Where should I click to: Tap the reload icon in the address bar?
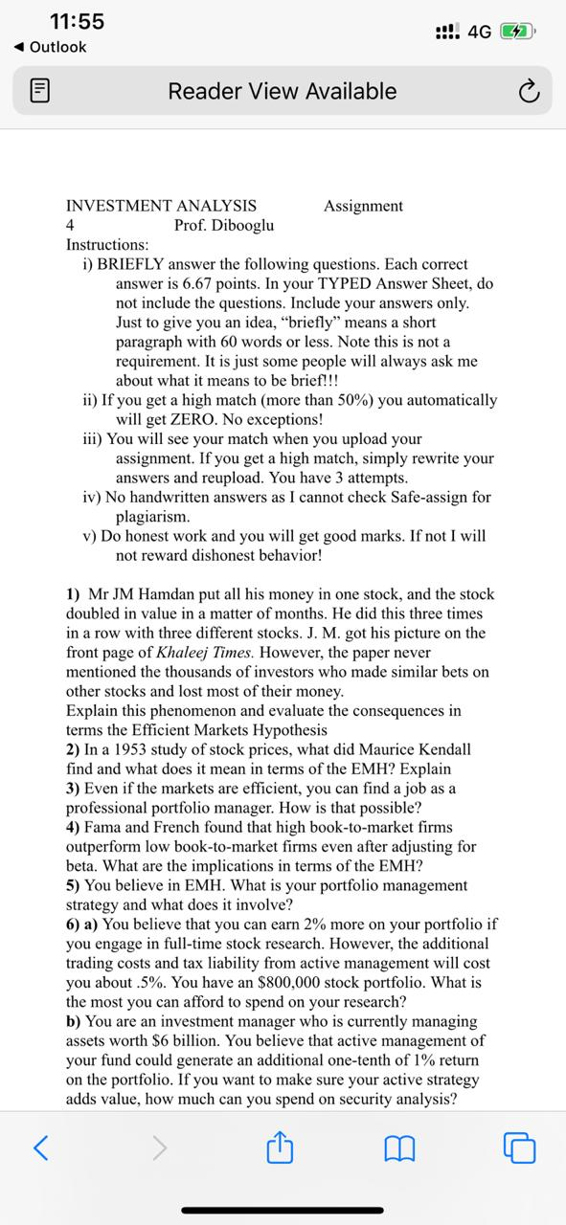pos(527,92)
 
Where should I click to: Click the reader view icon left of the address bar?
pos(39,92)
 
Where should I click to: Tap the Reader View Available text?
pos(282,92)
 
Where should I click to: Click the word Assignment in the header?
pos(363,206)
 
